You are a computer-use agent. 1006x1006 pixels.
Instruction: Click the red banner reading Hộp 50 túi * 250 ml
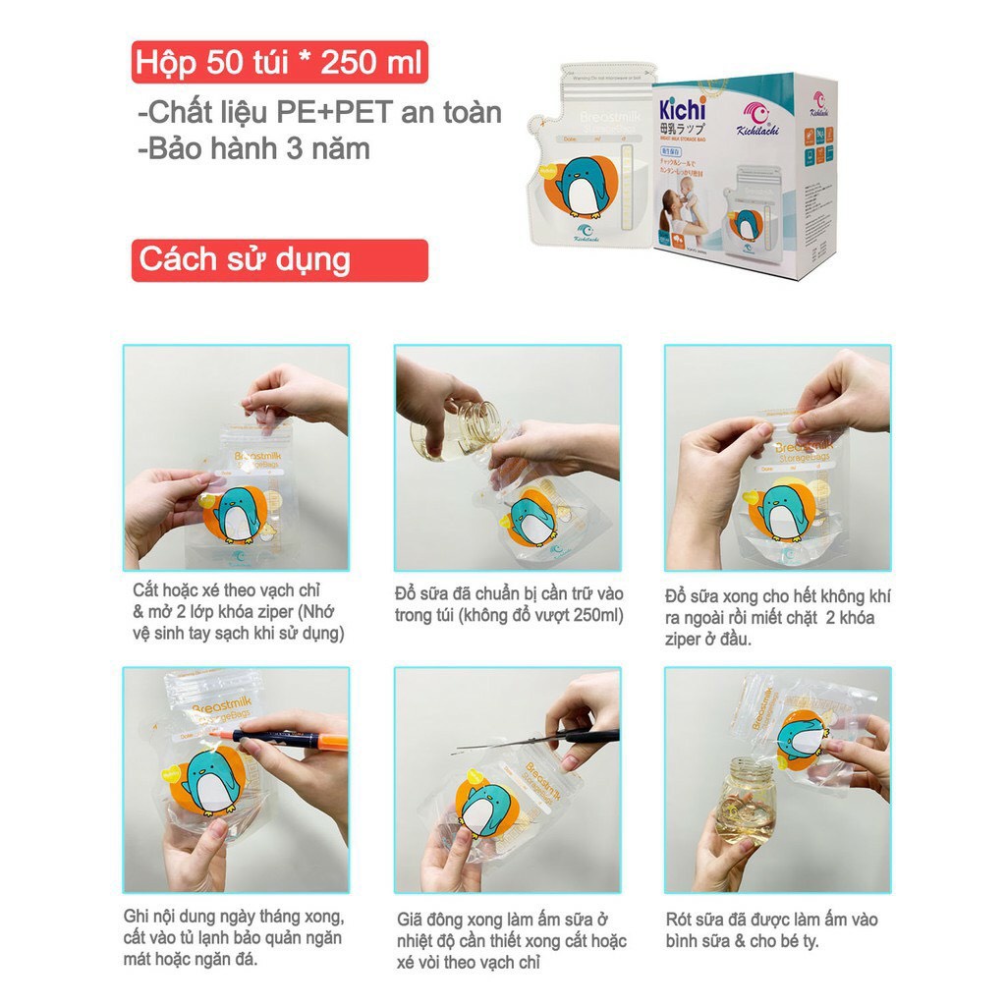coord(279,63)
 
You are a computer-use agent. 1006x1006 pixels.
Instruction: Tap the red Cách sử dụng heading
coord(279,260)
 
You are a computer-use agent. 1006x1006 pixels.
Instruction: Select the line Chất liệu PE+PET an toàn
coord(319,113)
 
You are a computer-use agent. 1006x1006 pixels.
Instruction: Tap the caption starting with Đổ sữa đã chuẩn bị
coord(508,604)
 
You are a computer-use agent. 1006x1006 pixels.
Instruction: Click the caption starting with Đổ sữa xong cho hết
coord(777,618)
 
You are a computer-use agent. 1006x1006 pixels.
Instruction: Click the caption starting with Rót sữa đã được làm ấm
coord(771,929)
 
